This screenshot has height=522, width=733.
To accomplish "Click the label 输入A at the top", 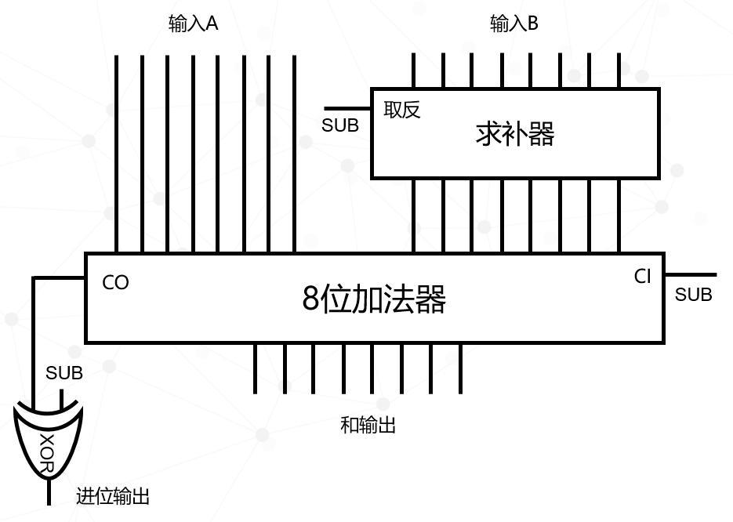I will coord(193,24).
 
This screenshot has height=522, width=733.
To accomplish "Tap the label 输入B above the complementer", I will coord(514,24).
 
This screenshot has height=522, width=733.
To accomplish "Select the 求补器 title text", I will coord(515,134).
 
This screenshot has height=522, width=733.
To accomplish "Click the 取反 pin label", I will coord(402,110).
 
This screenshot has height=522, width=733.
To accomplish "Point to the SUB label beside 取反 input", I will coord(340,125).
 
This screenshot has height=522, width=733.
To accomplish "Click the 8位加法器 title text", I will coord(374,299).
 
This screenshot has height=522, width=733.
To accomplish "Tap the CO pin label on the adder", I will coord(115,283).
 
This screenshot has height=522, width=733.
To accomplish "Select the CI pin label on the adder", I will coord(643,277).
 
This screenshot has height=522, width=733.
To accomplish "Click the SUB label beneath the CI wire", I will coord(694,295).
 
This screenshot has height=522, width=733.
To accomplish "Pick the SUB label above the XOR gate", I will coord(64,373).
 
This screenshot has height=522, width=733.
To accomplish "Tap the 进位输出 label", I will coord(113,496).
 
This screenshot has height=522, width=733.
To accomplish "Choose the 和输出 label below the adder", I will coord(368,425).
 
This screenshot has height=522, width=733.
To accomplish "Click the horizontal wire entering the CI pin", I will coord(690,275).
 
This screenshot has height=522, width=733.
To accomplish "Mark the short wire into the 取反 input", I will coord(348,109).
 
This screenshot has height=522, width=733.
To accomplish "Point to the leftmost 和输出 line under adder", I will coord(255,368).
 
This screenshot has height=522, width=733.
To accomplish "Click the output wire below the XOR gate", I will coord(49,494).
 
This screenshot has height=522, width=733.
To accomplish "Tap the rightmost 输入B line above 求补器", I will coord(619,71).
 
